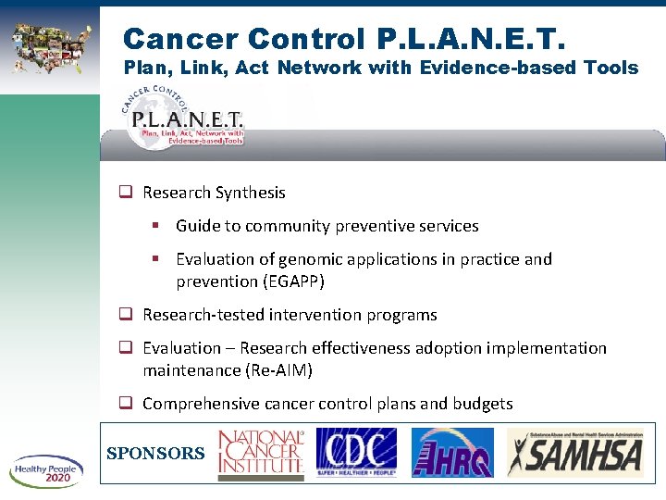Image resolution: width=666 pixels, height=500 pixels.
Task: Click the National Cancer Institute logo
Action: [x=260, y=455]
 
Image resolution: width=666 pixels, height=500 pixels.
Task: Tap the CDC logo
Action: [x=356, y=453]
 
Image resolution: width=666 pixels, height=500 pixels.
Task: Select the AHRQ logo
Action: [x=451, y=453]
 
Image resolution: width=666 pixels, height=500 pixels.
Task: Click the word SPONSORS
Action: [x=155, y=454]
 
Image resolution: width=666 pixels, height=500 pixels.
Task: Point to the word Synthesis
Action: [x=250, y=193]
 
